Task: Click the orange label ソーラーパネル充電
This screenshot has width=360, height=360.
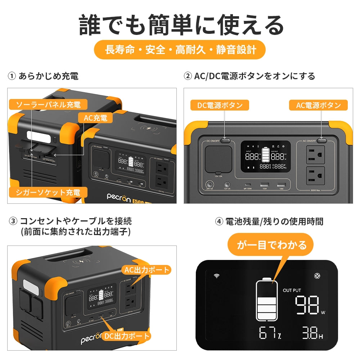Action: coord(48,105)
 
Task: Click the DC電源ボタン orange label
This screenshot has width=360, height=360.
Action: coord(220,105)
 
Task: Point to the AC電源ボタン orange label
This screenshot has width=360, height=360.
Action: coord(318,105)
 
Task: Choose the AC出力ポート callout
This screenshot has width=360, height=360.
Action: coord(146,269)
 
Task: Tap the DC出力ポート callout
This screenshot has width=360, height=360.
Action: coord(127,336)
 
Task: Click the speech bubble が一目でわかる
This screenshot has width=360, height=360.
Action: coord(271,245)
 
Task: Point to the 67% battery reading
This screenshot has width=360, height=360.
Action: coord(270,333)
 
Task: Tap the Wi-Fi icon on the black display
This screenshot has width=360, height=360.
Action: coord(217,276)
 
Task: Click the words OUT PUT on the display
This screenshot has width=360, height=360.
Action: coord(292,290)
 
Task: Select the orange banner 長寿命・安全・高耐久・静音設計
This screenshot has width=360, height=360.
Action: coord(180,50)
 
